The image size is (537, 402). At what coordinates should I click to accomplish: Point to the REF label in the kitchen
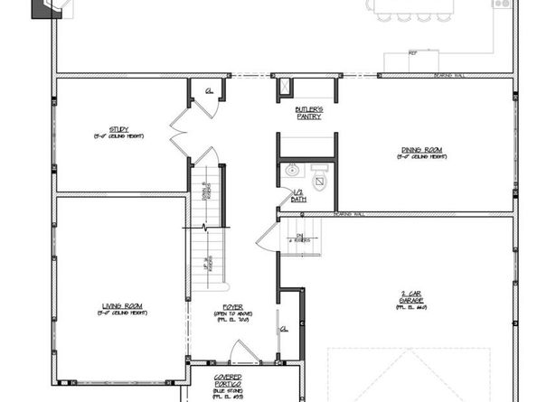412,53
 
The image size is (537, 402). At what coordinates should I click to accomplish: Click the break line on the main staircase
205,226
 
